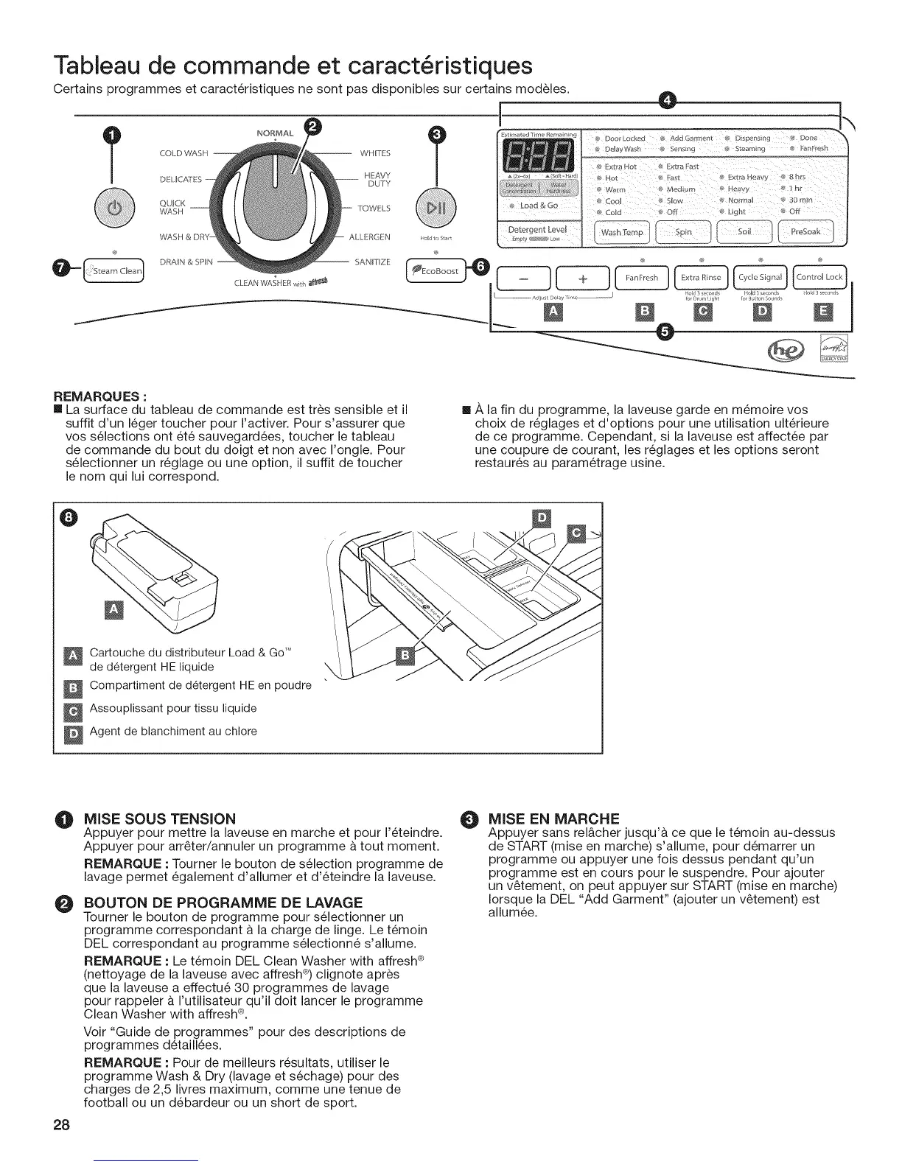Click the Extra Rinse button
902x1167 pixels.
pyautogui.click(x=700, y=278)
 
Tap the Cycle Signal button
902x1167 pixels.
pyautogui.click(x=760, y=278)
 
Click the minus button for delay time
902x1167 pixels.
pyautogui.click(x=524, y=278)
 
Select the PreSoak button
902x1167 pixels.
pyautogui.click(x=805, y=232)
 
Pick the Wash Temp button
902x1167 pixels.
pyautogui.click(x=622, y=232)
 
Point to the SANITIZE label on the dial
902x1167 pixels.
pyautogui.click(x=371, y=262)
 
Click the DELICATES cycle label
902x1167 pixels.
pyautogui.click(x=180, y=180)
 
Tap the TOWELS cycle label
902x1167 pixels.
pyautogui.click(x=374, y=208)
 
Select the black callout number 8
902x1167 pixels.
pyautogui.click(x=69, y=519)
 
